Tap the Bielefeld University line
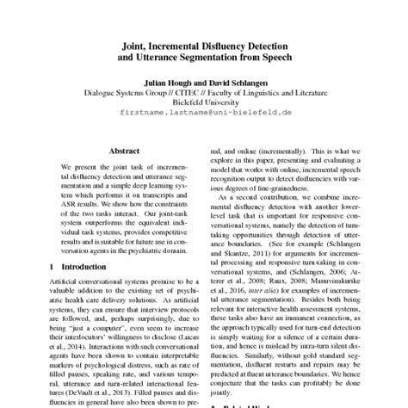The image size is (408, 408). coord(203,99)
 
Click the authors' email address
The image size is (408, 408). coord(203,112)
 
